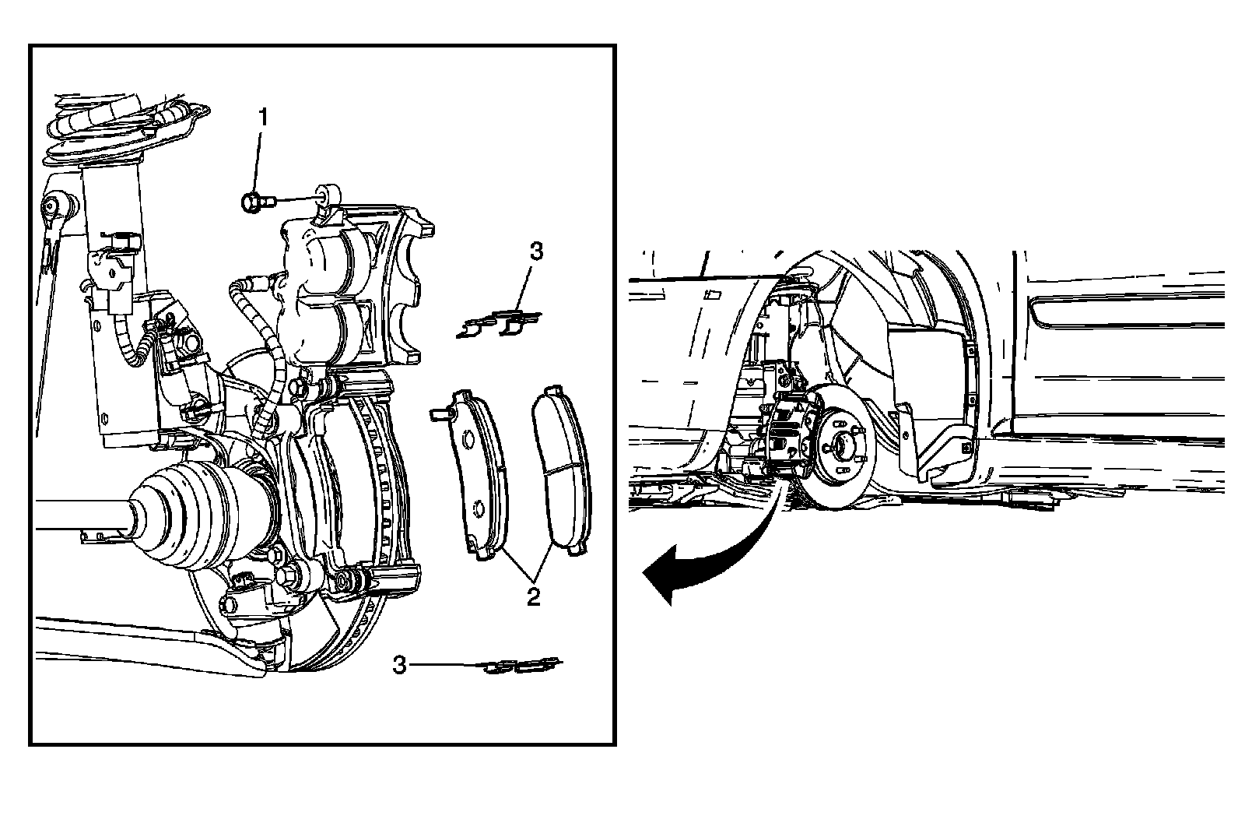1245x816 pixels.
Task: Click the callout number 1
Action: pyautogui.click(x=263, y=118)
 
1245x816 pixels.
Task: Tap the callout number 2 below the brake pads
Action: pyautogui.click(x=532, y=597)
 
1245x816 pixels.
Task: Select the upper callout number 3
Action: pyautogui.click(x=536, y=251)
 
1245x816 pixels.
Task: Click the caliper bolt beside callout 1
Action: pyautogui.click(x=253, y=202)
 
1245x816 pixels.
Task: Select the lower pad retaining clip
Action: pyautogui.click(x=521, y=666)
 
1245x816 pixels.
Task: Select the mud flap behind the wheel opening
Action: pyautogui.click(x=934, y=444)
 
